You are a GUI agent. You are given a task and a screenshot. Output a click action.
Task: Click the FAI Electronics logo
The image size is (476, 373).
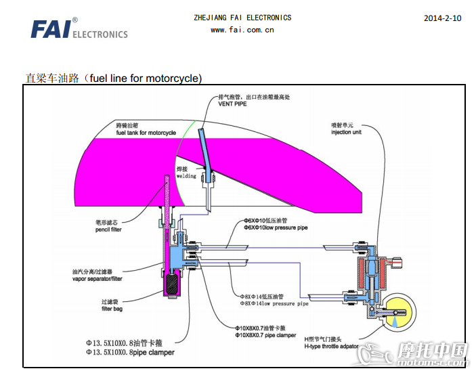(79, 29)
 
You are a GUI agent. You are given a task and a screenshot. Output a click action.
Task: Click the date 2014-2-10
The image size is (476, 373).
(442, 18)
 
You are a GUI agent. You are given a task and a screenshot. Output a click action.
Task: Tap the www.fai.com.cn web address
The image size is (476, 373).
(242, 30)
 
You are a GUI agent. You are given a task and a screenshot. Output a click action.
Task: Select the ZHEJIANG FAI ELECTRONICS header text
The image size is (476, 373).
(242, 18)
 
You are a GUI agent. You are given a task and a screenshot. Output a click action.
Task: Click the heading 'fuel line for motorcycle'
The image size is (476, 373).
(114, 79)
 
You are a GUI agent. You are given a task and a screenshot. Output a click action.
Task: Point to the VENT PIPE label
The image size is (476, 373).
(232, 104)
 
